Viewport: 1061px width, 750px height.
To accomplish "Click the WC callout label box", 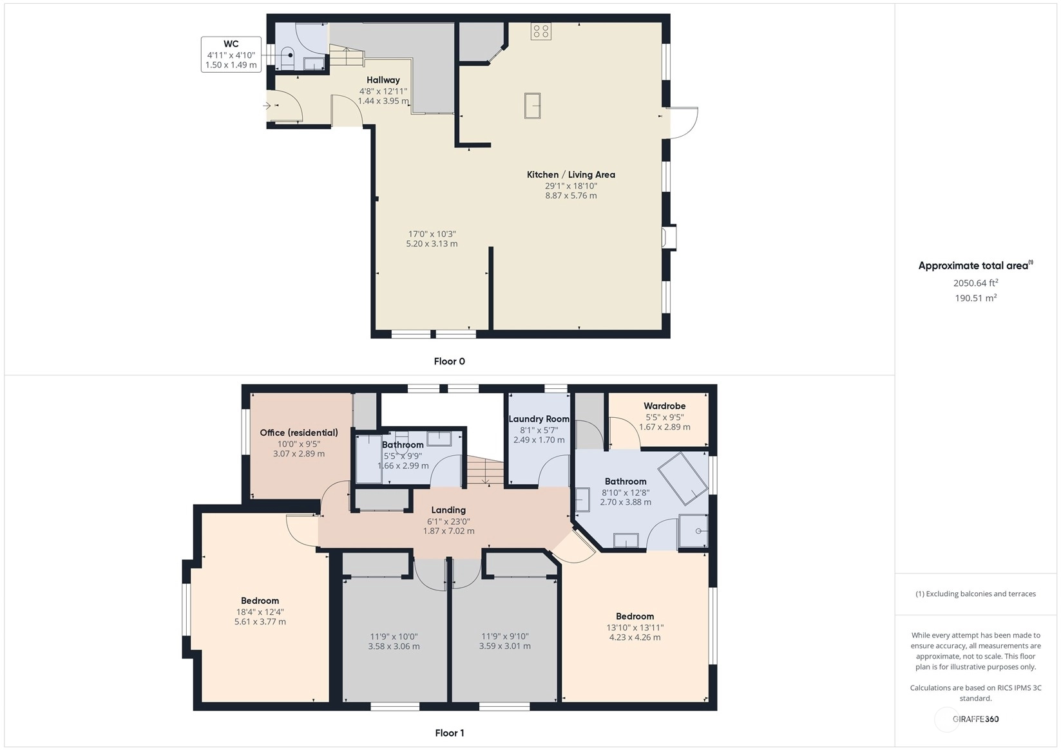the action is click(x=231, y=55).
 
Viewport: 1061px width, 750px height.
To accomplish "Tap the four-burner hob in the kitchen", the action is click(x=541, y=32).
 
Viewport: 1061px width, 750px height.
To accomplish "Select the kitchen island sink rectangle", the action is click(x=532, y=106).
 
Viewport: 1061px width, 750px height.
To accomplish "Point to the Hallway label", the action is click(x=383, y=80).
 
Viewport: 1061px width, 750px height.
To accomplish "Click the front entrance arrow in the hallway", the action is click(x=267, y=106).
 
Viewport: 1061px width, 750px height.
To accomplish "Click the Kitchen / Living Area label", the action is click(x=571, y=174).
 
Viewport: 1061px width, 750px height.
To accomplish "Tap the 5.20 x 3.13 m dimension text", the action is click(x=432, y=244).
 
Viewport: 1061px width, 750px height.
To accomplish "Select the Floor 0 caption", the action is click(x=450, y=361).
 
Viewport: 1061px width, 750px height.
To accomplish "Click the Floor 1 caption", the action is click(x=450, y=733).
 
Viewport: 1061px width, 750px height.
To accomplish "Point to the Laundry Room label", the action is click(x=539, y=419).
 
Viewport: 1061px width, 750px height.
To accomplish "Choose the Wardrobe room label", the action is click(x=665, y=406).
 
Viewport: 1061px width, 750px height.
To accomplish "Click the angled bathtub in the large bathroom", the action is click(x=683, y=478).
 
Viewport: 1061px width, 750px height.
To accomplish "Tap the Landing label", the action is click(x=448, y=510).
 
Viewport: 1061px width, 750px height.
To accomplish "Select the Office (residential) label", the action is click(x=299, y=432).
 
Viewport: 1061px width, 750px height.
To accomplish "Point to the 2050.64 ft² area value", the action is click(x=976, y=283).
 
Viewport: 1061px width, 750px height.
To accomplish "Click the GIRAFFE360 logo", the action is click(x=975, y=718).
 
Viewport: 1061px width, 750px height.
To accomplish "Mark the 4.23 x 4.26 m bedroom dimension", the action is click(x=635, y=637).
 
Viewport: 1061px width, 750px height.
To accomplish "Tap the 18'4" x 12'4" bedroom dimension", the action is click(x=260, y=612).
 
